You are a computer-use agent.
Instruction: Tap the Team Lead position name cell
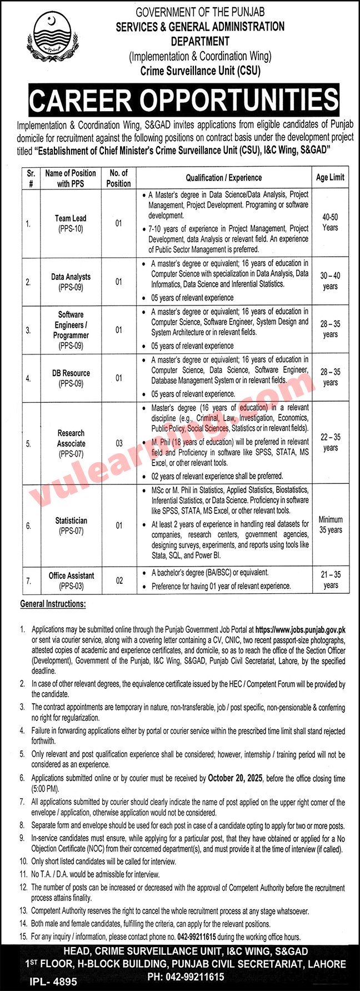71,223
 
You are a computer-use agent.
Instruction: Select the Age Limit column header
330,178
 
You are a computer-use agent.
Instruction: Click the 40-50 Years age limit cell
330,222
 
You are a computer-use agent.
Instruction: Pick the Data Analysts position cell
71,282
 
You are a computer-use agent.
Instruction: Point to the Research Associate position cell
71,443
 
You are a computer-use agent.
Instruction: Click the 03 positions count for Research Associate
119,443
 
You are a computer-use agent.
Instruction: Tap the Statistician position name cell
71,525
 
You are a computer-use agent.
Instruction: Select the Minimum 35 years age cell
330,525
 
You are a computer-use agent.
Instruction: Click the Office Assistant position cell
71,580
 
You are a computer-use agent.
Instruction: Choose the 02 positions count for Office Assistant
119,580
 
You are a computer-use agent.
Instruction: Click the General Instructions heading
53,603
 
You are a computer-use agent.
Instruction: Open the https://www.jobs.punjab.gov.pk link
300,630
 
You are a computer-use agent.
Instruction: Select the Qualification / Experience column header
223,178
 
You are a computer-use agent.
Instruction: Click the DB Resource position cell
71,378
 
